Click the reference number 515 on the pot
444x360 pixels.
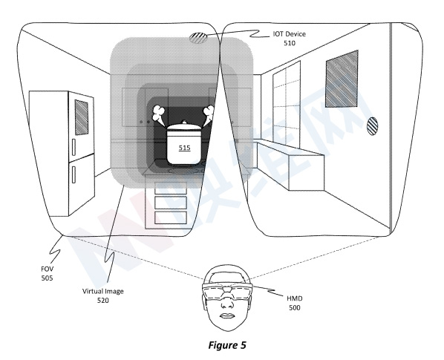(x=185, y=148)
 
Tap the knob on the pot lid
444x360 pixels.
(x=184, y=122)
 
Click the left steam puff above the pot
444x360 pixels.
(x=158, y=114)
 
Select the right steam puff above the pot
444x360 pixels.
(x=209, y=114)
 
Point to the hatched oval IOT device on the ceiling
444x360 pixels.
(x=197, y=38)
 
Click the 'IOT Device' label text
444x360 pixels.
(x=289, y=34)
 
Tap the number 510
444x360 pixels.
(x=289, y=43)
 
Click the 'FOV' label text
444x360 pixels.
(x=47, y=269)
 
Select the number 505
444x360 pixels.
(x=47, y=278)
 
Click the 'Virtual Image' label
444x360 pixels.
(x=103, y=291)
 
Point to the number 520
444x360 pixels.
(x=103, y=301)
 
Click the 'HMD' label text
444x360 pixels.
(x=295, y=298)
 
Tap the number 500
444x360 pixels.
(x=295, y=307)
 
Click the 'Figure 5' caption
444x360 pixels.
(x=227, y=345)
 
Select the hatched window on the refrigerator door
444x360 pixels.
(x=82, y=117)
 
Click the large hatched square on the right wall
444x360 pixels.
(x=342, y=79)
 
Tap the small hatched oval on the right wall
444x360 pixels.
(x=372, y=126)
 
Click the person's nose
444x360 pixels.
(x=226, y=304)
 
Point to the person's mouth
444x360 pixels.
(x=226, y=316)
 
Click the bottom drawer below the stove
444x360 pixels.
(x=171, y=217)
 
